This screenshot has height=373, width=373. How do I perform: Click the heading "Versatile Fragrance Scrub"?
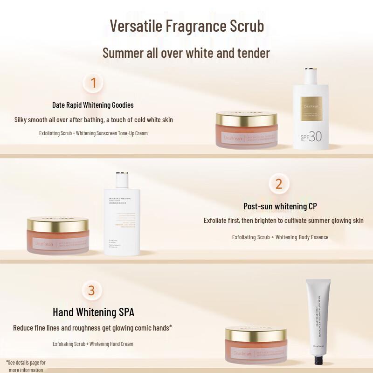coord(186,26)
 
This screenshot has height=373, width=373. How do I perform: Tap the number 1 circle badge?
coord(93,83)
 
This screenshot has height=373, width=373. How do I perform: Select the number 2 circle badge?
coord(279,184)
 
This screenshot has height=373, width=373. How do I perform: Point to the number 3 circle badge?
coord(91,290)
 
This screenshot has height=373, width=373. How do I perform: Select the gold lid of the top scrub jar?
coord(247,117)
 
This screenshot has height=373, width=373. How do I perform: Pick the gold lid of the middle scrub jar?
coord(58,223)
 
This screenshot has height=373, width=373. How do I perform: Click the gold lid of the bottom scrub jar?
coord(256,333)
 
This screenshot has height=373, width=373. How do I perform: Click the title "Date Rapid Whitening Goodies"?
coord(93,105)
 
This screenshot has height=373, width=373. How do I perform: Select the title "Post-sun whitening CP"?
coord(280,206)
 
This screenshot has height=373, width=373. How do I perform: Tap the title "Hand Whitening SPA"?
coord(93,312)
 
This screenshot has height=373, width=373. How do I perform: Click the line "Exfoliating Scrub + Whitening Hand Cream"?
coord(93,344)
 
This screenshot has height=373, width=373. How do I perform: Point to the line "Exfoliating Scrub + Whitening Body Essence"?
coord(280,237)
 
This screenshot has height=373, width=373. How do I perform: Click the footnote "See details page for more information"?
coord(26,366)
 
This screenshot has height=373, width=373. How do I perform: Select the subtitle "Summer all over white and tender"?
coord(186,53)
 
